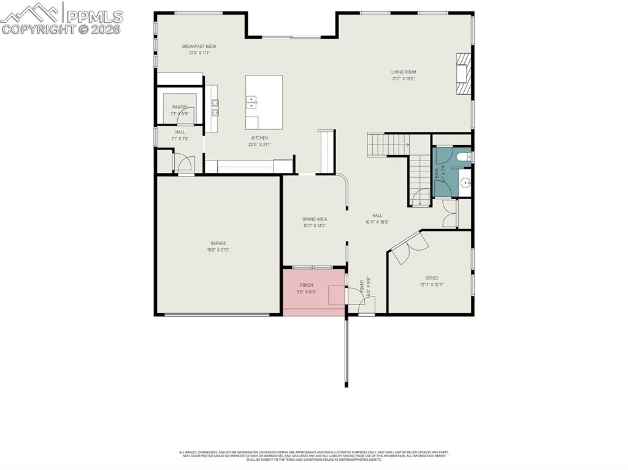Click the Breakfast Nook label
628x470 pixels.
point(199,47)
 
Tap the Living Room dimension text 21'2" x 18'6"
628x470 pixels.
point(404,78)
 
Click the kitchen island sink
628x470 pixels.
point(251,102)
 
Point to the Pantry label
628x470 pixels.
point(180,107)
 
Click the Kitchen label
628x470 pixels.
point(260,138)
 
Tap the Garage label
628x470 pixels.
point(218,243)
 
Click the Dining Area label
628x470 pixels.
point(315,219)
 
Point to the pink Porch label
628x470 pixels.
point(306,285)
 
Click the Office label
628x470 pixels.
point(432,278)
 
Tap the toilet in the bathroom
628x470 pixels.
point(462,157)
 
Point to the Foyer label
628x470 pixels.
point(369,288)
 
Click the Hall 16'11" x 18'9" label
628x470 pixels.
point(377,215)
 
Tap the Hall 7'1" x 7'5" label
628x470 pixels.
point(180,132)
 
